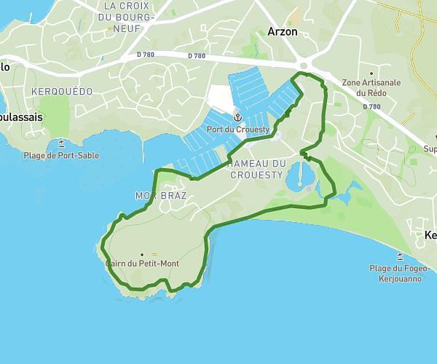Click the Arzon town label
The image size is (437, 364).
[x=282, y=32]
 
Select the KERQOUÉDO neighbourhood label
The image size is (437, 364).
[x=62, y=92]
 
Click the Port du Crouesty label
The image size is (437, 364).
[x=238, y=130]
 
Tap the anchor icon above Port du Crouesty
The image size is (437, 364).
[x=237, y=117]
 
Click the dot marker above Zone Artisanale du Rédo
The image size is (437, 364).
[x=372, y=73]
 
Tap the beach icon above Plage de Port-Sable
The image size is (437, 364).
[x=61, y=143]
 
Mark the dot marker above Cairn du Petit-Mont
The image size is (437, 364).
[x=141, y=254]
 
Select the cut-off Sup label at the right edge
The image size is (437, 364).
[x=430, y=149]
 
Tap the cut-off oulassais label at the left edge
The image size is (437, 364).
[x=20, y=116]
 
